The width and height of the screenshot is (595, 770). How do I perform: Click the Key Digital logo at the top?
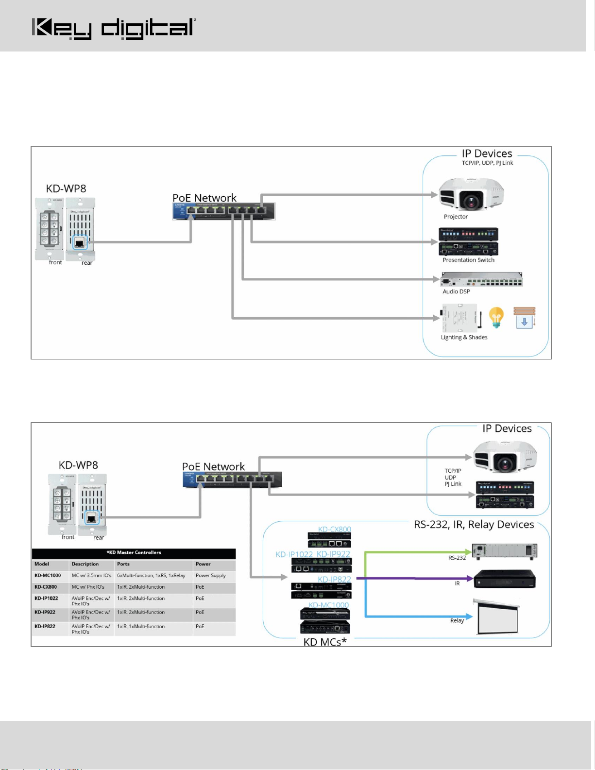[114, 28]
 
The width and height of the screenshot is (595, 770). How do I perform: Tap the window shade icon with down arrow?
[525, 318]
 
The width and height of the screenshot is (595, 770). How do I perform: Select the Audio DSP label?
[456, 291]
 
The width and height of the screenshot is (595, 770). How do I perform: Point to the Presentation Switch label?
[468, 260]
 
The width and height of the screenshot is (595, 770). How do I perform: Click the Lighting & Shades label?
[464, 337]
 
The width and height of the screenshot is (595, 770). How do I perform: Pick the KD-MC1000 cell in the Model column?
[48, 576]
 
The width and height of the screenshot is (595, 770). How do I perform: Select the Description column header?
[85, 564]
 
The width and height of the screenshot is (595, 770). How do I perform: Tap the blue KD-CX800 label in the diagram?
[334, 529]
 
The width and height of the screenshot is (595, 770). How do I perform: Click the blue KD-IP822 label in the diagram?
[334, 579]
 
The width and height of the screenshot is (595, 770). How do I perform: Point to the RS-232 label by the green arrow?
[457, 558]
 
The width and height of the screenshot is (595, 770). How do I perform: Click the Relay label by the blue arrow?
[457, 620]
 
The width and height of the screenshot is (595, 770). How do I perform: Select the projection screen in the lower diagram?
[497, 617]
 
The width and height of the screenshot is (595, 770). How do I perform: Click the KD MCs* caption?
[325, 642]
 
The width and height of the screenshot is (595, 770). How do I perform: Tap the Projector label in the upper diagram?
[456, 217]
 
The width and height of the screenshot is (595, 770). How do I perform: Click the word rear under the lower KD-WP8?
[99, 538]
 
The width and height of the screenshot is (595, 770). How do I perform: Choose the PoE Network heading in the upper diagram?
[204, 198]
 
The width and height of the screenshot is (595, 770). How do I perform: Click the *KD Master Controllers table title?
[134, 552]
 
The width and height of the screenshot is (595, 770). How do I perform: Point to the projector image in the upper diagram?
[471, 194]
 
